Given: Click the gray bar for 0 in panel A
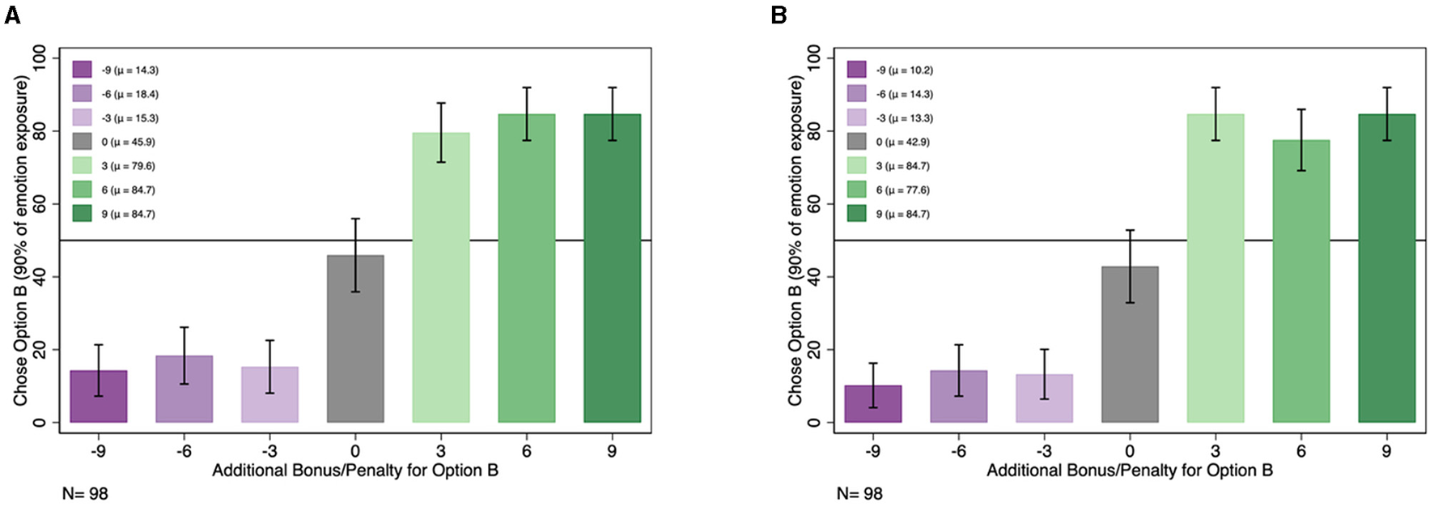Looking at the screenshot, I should (x=355, y=340).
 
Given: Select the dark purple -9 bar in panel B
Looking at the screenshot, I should (x=872, y=404).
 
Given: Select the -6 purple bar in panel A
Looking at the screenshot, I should (x=184, y=390).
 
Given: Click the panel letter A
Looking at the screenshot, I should (x=11, y=15).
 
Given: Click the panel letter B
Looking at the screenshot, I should (x=779, y=15).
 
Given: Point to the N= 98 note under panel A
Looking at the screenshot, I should (x=84, y=493).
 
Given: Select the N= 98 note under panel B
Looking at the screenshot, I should (x=859, y=493).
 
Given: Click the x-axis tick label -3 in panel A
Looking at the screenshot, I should (x=269, y=451).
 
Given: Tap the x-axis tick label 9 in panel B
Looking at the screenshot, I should (x=1386, y=451).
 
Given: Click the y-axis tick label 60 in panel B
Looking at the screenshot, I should (x=814, y=204).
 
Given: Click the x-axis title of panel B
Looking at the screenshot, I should (x=1129, y=471).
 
